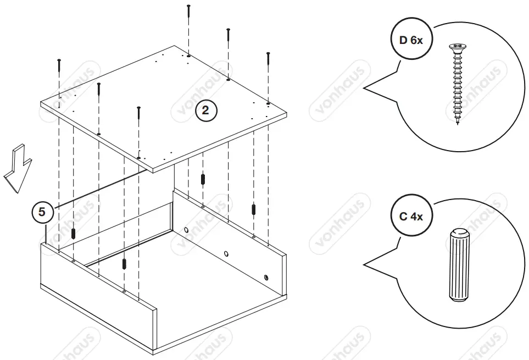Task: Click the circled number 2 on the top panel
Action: point(206,110)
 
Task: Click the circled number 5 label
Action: point(42,212)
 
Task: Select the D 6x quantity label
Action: point(410,41)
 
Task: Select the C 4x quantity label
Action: point(410,216)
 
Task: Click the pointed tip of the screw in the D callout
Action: point(457,123)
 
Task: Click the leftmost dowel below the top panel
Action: point(73,232)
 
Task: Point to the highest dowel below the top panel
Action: point(203,179)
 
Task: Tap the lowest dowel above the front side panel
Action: point(125,263)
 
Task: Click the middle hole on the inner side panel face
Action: point(226,254)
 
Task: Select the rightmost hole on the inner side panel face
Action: point(266,278)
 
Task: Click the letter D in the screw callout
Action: point(403,41)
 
